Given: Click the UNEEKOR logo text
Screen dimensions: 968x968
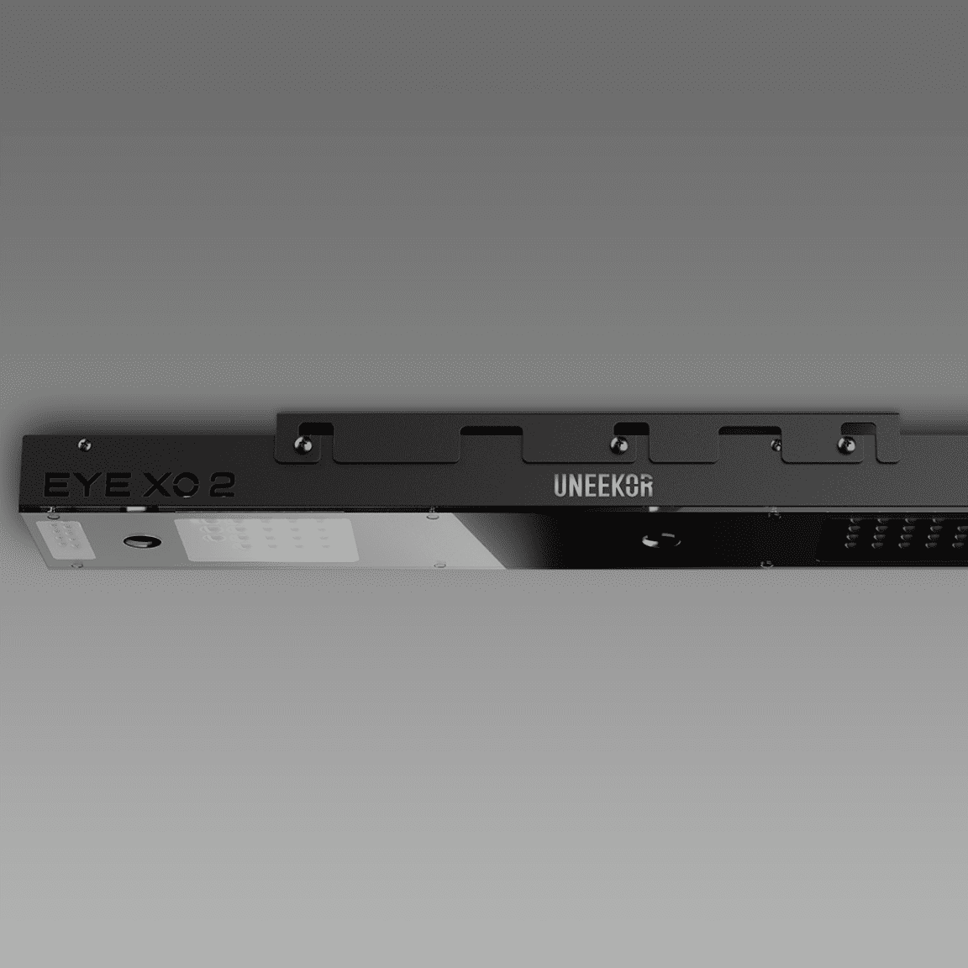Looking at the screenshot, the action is (603, 486).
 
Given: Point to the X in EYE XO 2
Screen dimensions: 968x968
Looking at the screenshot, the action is (157, 485).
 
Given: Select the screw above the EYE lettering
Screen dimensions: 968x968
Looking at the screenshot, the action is (85, 444).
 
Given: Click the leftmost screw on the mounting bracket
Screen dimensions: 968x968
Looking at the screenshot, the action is (302, 444).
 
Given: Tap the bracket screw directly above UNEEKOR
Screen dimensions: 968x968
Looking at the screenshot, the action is (618, 444).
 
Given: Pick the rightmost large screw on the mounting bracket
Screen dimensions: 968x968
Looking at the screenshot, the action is (846, 445).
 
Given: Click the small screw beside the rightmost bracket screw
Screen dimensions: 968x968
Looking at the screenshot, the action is (776, 445).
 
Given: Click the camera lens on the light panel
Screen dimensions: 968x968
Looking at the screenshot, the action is (142, 542).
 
